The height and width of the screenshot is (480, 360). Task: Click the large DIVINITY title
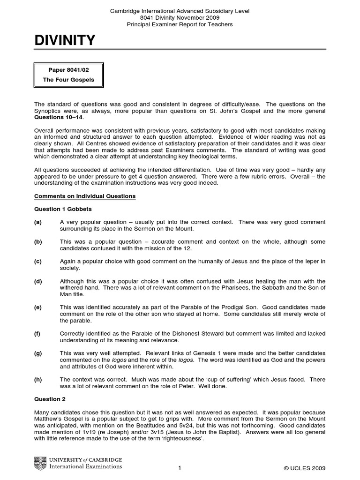65,41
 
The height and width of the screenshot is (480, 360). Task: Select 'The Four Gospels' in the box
68,80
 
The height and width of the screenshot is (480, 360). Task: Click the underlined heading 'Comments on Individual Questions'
85,196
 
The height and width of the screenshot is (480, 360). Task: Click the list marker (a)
38,221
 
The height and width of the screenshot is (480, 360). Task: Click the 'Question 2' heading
50,399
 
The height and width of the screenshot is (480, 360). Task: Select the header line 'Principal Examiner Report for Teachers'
180,24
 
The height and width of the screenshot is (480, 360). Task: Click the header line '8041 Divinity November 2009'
180,17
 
